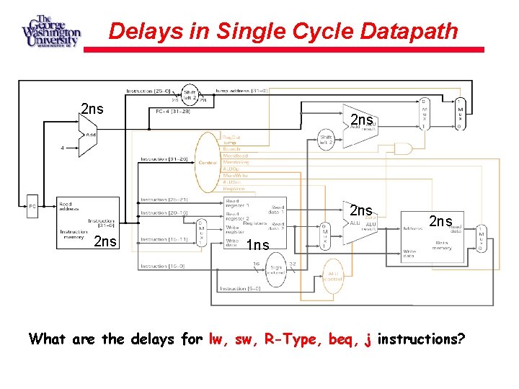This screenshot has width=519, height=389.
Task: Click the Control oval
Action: [208, 161]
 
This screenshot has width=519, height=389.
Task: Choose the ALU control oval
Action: [334, 277]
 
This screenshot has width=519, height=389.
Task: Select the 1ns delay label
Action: [257, 246]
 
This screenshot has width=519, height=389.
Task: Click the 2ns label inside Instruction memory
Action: [105, 241]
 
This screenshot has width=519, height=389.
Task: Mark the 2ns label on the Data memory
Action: [441, 221]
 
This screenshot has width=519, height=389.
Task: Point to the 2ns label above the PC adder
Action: [92, 109]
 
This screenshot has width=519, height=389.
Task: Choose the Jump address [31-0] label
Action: [241, 91]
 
